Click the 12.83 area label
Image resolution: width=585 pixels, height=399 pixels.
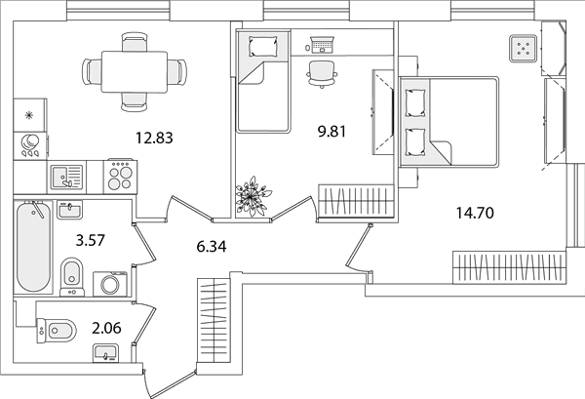point(154,139)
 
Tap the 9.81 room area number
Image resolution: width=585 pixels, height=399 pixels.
point(331,132)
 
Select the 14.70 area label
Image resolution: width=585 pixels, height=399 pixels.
point(475,213)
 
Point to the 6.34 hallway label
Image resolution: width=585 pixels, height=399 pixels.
point(212,247)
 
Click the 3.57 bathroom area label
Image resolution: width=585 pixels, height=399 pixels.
point(91,240)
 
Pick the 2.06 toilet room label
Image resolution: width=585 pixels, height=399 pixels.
point(106,328)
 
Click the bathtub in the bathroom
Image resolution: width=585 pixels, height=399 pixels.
point(33,248)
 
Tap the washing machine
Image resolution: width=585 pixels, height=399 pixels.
point(110,284)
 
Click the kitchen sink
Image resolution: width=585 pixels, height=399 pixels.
point(66,177)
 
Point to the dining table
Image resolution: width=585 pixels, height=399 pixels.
point(135,71)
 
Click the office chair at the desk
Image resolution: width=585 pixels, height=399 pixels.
point(323,73)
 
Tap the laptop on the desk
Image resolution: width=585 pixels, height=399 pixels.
point(323,45)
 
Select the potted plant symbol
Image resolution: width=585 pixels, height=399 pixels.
point(253,196)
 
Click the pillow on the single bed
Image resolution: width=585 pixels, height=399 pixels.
point(263,47)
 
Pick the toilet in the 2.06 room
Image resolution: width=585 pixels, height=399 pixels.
point(57,331)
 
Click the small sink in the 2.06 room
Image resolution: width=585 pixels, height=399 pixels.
point(105,353)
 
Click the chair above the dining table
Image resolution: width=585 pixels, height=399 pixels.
point(135,42)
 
